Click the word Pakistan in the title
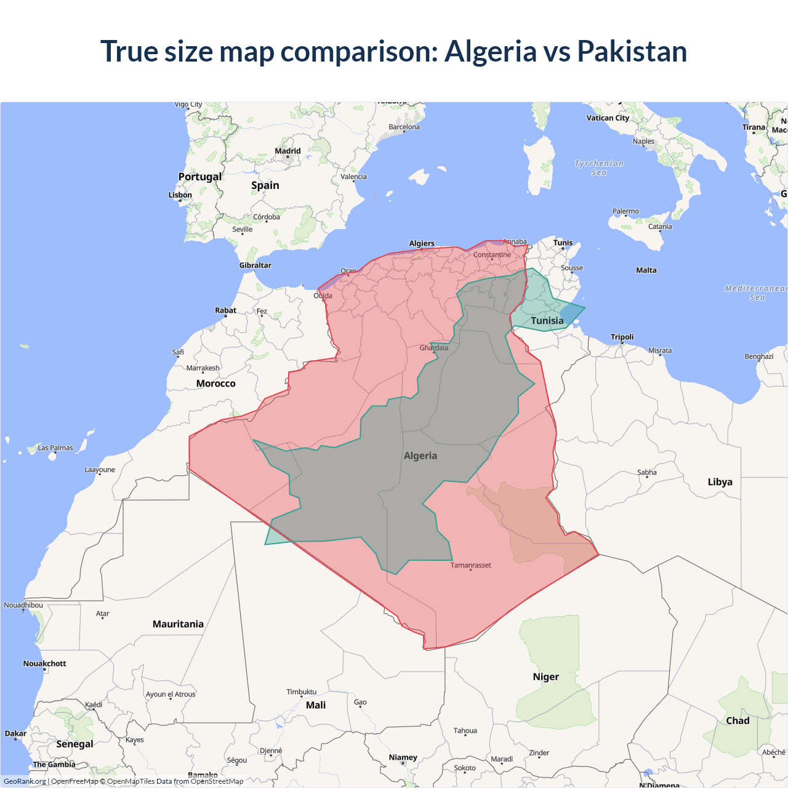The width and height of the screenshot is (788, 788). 632,51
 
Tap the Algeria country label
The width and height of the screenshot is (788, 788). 420,456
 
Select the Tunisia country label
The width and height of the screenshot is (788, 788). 547,321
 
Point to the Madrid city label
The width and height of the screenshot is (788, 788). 287,151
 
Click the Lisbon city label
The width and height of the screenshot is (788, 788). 180,195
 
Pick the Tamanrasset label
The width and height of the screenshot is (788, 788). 470,565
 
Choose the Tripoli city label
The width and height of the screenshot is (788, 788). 622,337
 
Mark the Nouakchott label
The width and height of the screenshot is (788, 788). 44,664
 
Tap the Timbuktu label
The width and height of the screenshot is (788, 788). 301,692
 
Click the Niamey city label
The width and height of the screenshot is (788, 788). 403,757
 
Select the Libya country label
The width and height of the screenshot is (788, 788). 720,481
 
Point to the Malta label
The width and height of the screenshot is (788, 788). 646,270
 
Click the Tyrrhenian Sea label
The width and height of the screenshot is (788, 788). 599,168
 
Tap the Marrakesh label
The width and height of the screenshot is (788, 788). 203,368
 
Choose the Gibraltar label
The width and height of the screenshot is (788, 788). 255,265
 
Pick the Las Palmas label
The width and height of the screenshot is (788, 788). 55,448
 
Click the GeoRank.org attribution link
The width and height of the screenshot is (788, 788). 25,781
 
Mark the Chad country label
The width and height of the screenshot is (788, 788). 738,720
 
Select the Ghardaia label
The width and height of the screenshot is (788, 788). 434,348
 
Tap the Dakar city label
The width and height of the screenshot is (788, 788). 15,733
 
